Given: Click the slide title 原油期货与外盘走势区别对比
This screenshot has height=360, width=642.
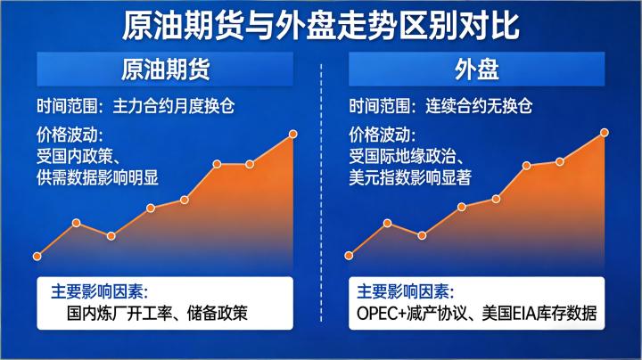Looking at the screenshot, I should (320, 25).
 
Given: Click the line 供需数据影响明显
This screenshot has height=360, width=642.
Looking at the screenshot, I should (98, 177).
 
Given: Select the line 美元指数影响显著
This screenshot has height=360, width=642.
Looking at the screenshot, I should (409, 177).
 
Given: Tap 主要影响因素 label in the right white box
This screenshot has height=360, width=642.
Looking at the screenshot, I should (405, 291).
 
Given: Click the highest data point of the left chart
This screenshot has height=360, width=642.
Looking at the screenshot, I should (293, 135).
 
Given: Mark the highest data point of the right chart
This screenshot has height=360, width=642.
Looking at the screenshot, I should (605, 133).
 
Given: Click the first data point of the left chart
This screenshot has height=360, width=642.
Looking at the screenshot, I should (37, 257).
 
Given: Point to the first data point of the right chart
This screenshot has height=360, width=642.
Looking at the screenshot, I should (348, 257).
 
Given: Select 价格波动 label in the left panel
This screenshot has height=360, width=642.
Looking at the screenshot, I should (70, 135).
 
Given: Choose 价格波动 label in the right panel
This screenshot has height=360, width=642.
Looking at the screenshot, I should (382, 135).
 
